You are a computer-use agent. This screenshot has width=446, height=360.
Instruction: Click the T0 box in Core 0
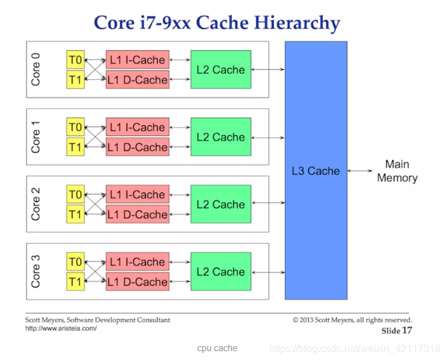click(75, 60)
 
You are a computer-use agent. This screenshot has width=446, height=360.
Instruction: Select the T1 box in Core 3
click(75, 282)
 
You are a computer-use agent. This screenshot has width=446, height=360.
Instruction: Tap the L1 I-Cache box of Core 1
click(137, 128)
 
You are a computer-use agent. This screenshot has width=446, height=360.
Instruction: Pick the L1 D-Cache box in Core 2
click(137, 215)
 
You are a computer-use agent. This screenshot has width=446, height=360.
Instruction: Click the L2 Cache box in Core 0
click(220, 70)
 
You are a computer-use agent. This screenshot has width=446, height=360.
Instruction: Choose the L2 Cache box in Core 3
click(220, 272)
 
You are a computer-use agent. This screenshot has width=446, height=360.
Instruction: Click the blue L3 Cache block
click(315, 171)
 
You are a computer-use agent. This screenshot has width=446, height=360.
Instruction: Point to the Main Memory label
click(397, 171)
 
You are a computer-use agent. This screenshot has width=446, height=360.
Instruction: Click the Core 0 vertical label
click(36, 69)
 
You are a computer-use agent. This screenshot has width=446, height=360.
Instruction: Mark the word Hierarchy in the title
click(297, 23)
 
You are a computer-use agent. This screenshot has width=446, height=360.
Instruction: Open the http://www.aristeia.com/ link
click(61, 329)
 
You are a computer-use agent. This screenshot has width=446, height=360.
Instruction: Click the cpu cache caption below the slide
click(217, 348)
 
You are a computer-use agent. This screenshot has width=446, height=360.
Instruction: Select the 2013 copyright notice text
click(352, 320)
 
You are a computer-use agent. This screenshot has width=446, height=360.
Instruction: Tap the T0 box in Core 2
click(75, 194)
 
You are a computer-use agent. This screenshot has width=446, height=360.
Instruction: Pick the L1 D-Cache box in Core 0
click(137, 80)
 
